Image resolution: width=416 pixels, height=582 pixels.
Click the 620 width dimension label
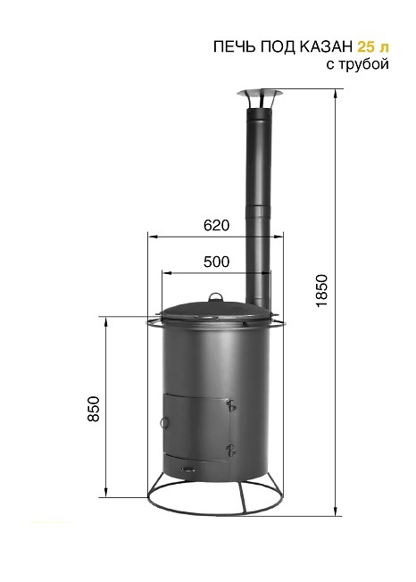(217, 225)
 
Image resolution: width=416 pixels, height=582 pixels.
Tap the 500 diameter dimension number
(217, 262)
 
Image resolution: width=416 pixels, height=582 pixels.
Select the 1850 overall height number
(322, 290)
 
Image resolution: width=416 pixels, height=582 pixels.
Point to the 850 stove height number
(95, 409)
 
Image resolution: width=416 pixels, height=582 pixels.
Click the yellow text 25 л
(373, 47)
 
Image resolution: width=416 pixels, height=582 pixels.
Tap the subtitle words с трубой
(358, 64)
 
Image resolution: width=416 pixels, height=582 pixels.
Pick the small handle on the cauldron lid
(216, 296)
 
